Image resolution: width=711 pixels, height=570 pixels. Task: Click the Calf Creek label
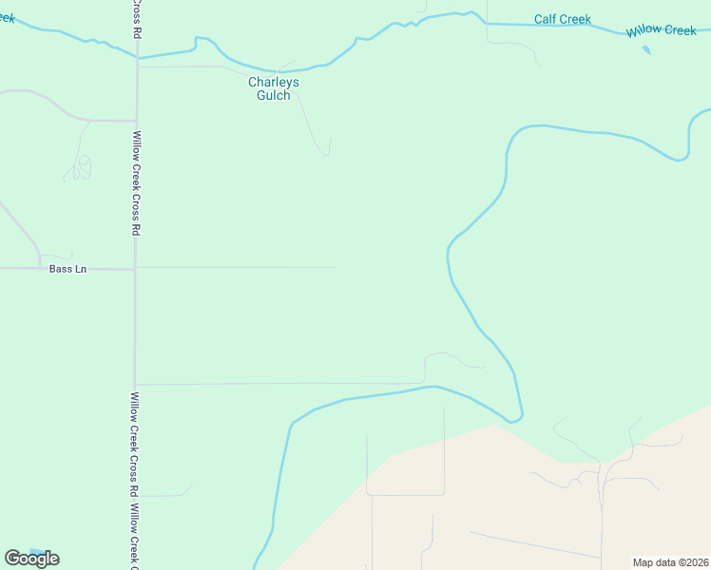coord(562,19)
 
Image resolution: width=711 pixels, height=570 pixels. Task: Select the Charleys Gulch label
coord(274,88)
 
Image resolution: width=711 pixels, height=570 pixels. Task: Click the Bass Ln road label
coord(67,270)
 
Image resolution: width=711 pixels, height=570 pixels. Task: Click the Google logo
coord(31,559)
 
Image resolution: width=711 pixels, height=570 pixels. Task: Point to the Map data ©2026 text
coord(670,562)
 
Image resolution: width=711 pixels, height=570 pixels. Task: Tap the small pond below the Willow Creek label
coord(646,49)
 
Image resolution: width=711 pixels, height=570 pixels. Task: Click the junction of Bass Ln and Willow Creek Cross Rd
coord(135,269)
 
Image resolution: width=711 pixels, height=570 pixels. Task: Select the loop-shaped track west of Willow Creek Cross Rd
coord(82,167)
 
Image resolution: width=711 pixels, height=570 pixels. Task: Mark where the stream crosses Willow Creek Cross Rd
coord(138,58)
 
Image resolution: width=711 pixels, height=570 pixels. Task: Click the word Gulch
coord(274,95)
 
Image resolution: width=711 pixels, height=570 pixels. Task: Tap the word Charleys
coord(274,82)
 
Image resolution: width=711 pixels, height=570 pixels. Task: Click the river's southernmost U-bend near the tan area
coord(514,419)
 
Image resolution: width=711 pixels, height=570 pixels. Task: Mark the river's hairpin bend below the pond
coord(680,158)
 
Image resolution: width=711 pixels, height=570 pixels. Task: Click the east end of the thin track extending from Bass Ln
coord(336,268)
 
